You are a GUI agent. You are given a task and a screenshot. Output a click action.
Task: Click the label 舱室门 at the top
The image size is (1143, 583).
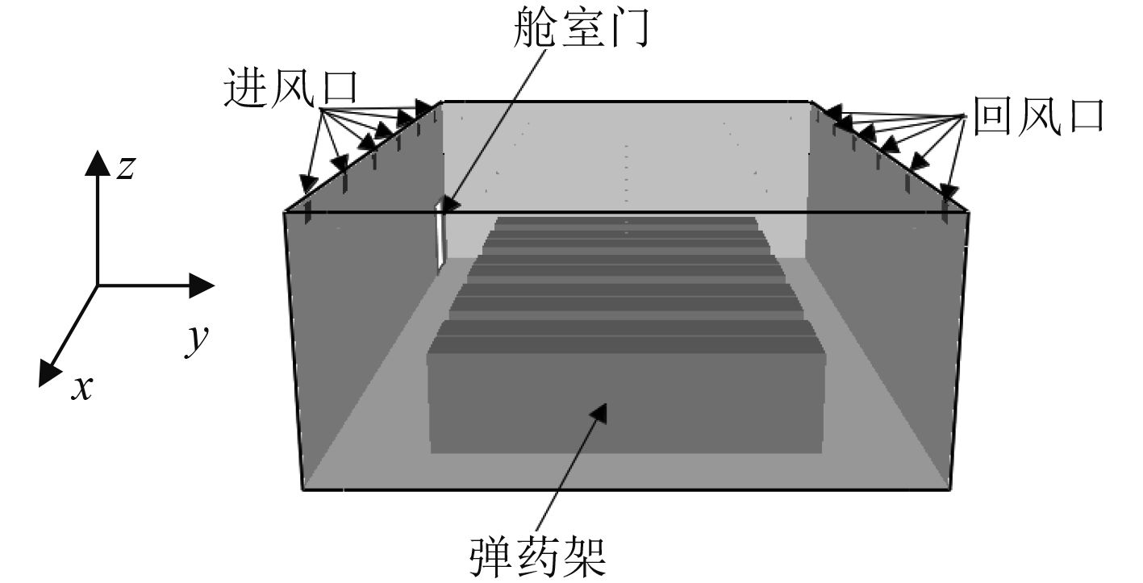581,30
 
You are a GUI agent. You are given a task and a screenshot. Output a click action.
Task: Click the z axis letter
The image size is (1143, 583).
125,168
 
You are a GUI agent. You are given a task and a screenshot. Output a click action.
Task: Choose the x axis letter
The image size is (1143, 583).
81,389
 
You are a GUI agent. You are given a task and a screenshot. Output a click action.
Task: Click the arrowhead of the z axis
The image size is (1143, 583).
98,162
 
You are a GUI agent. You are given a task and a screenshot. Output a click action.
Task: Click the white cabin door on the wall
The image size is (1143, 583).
440,235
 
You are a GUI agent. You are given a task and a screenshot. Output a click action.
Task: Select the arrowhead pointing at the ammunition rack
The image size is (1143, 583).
598,412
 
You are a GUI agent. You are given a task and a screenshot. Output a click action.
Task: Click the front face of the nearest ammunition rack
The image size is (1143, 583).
626,403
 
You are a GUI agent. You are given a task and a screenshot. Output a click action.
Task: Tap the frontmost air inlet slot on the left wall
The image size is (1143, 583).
309,211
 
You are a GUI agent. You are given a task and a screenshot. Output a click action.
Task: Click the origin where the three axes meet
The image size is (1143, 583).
98,285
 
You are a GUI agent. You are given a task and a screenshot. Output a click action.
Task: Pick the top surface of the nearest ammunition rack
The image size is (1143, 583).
626,337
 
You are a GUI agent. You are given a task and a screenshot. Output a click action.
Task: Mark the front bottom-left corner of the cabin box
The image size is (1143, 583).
303,489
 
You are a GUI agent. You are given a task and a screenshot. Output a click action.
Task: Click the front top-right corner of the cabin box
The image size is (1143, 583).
968,214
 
